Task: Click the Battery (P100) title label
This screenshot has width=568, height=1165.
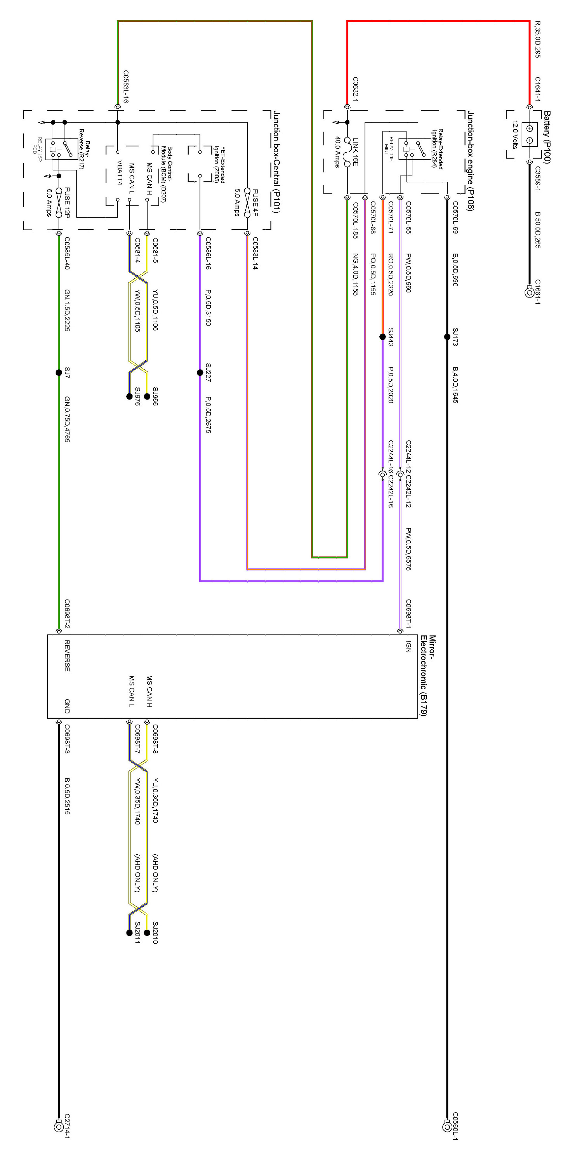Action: click(547, 137)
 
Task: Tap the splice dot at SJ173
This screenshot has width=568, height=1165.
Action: click(447, 337)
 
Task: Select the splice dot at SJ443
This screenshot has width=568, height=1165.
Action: click(382, 337)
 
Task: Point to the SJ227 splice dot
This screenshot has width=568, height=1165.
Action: click(200, 373)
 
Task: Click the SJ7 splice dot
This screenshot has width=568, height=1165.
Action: click(59, 373)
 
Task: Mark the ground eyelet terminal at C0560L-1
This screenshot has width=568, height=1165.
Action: click(447, 1127)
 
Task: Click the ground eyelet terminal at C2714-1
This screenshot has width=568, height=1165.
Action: click(58, 1127)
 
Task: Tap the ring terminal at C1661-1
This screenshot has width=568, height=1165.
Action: click(529, 292)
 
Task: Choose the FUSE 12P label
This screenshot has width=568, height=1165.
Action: click(67, 202)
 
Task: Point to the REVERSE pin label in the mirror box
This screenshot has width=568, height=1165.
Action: click(67, 656)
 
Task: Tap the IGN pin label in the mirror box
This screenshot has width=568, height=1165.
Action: click(408, 646)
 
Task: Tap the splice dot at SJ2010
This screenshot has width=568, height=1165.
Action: click(147, 932)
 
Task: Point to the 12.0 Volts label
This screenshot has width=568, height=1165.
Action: click(515, 134)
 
